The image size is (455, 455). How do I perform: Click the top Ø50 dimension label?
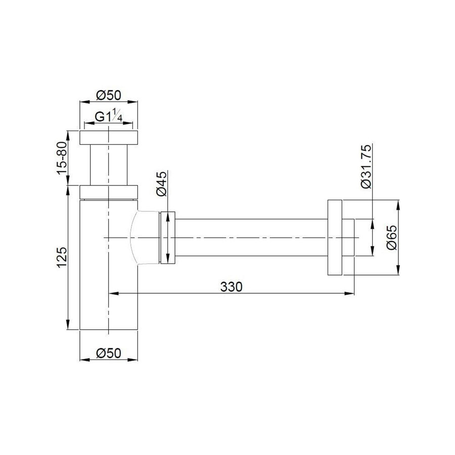108,95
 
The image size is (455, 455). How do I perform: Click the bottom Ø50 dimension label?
108,353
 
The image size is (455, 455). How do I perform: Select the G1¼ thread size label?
109,116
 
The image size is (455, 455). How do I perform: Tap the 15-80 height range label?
62,158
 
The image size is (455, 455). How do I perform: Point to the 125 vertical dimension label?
62,257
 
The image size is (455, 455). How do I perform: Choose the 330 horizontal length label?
231,287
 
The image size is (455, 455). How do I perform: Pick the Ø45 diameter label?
162,184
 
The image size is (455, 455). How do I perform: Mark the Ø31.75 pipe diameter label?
366,166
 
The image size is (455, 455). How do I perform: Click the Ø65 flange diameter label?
391,238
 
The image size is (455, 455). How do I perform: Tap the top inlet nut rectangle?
109,138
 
